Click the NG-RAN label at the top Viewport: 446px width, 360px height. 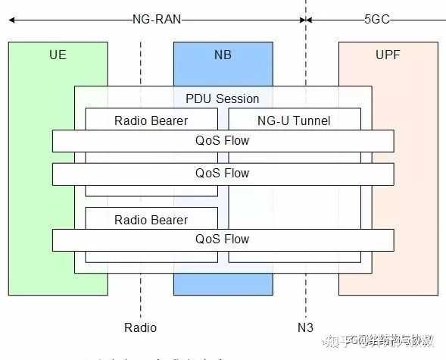(x=156, y=19)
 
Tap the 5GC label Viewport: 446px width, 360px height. (x=376, y=19)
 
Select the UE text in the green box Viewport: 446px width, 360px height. (x=58, y=55)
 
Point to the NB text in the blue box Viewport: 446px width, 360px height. (x=223, y=55)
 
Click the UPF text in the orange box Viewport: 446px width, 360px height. (x=388, y=55)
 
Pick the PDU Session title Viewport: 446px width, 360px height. (x=223, y=99)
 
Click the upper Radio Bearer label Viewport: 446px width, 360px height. (x=151, y=121)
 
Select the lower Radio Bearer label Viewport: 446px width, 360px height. (x=151, y=220)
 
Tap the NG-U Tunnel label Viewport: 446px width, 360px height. (x=295, y=121)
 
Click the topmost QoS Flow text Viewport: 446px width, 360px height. (x=223, y=140)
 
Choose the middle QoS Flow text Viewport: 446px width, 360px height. (x=223, y=173)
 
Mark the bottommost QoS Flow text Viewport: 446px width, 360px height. (x=223, y=239)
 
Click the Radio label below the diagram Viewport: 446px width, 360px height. (x=140, y=327)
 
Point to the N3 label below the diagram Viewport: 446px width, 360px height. (x=305, y=327)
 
